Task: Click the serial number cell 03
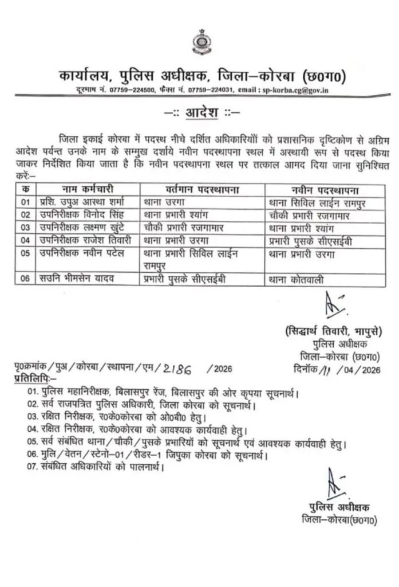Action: [25, 228]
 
